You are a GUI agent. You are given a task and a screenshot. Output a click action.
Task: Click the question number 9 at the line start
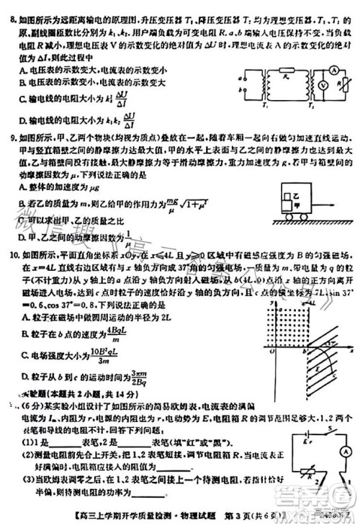click(8, 135)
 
